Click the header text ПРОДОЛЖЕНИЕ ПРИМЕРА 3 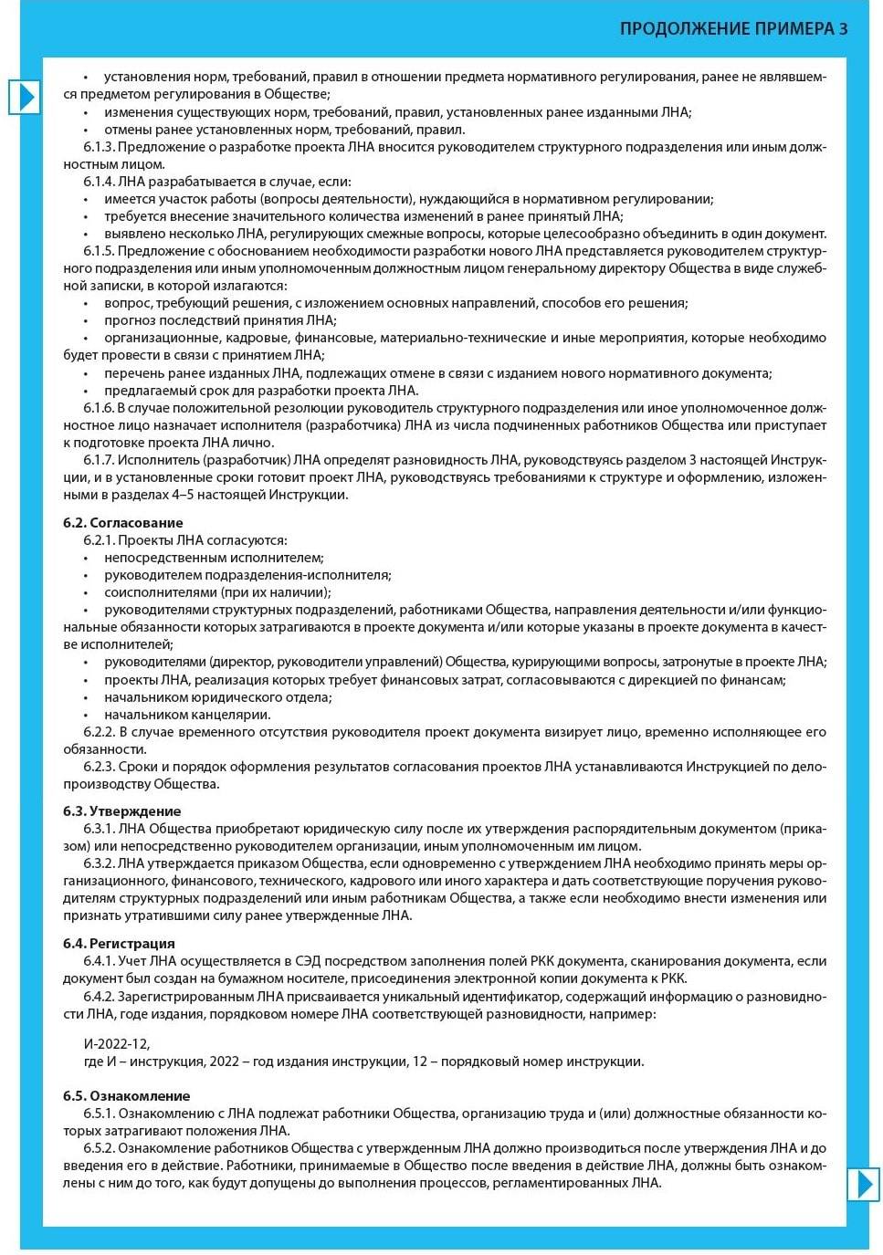tap(733, 29)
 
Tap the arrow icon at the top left tap(25, 97)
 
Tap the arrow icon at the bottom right tap(862, 1184)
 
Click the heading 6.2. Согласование tap(122, 523)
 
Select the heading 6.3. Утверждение tap(121, 811)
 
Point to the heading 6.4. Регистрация tap(119, 944)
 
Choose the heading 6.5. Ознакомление tap(126, 1096)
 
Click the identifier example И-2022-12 tap(116, 1044)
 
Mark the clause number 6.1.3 tap(99, 147)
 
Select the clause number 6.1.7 tap(99, 460)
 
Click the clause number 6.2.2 tap(99, 732)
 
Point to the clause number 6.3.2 tap(99, 863)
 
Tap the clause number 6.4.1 tap(99, 961)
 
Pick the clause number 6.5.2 tap(99, 1148)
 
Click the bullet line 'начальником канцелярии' tap(187, 715)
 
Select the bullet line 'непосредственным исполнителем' tap(214, 558)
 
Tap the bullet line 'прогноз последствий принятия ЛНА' tap(220, 320)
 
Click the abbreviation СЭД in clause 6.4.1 tap(310, 961)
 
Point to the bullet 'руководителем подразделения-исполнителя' tap(247, 575)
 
